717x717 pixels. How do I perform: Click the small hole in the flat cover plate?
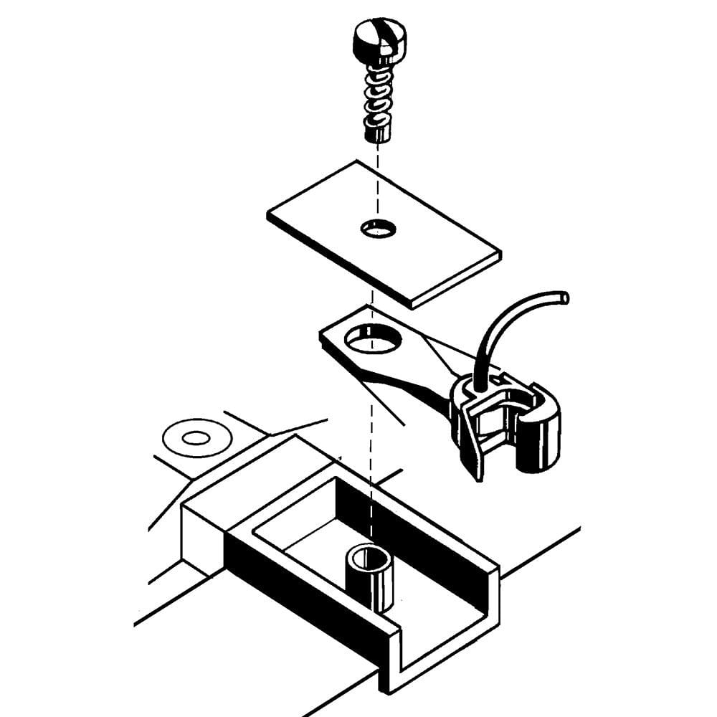[379, 229]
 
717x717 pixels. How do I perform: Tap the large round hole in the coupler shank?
[372, 338]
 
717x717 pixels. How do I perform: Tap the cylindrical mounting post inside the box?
[371, 577]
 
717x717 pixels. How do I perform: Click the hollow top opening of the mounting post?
[371, 556]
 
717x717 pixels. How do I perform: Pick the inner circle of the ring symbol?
[196, 437]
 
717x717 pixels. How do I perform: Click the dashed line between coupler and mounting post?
[371, 459]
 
